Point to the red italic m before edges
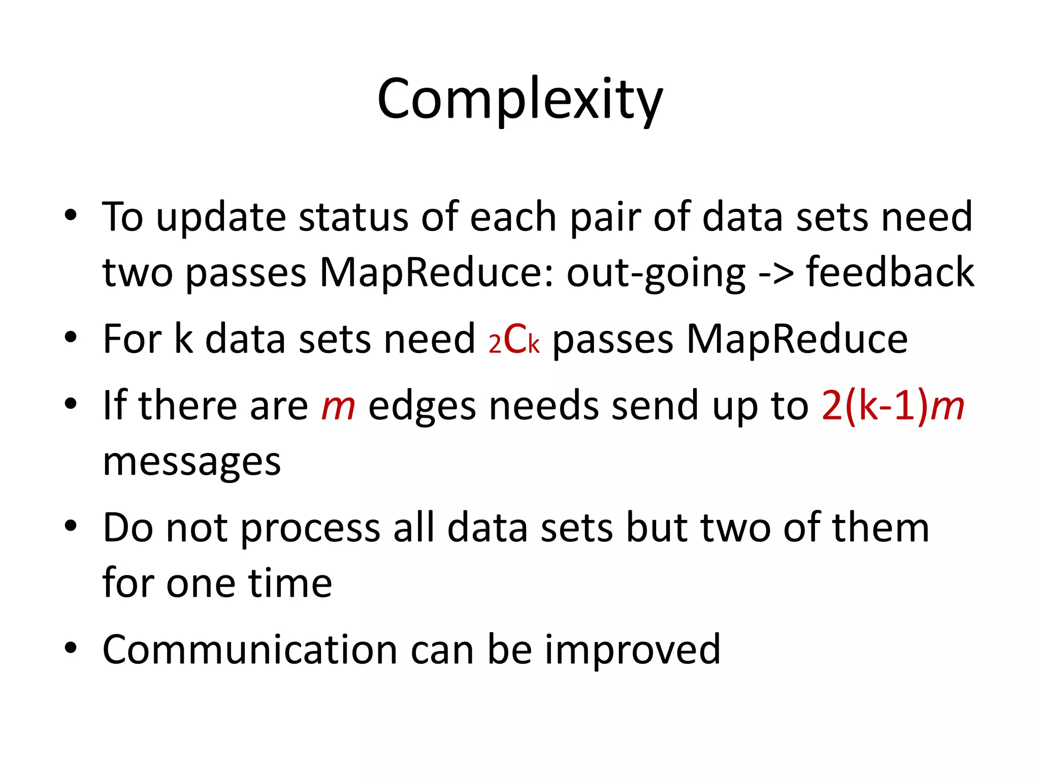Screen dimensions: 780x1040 point(338,407)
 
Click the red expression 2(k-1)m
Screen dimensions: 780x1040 point(892,406)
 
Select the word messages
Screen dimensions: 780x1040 point(191,463)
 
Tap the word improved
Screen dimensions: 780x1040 point(632,651)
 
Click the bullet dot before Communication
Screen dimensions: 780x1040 point(71,648)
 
